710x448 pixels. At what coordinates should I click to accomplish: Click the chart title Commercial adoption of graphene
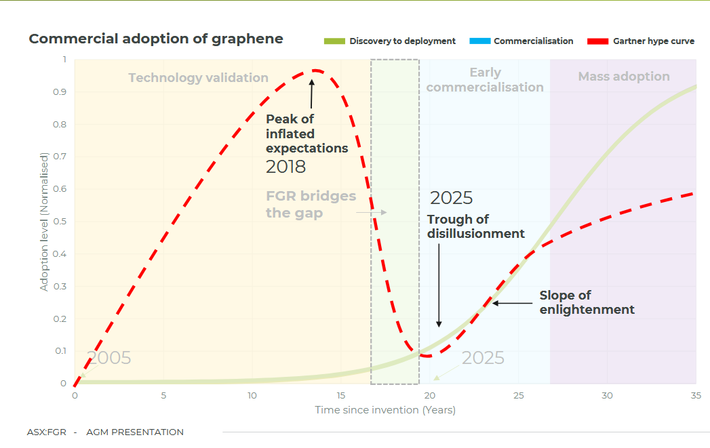(x=156, y=39)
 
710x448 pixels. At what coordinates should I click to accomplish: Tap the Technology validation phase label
(x=198, y=78)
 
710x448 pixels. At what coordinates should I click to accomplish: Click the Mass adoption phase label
(x=624, y=77)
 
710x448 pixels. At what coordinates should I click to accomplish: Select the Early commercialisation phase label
(x=485, y=80)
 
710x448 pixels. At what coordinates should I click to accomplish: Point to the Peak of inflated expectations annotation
(x=307, y=134)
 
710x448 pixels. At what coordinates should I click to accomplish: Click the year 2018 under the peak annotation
(x=285, y=167)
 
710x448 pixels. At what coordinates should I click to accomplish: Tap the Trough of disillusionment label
(x=475, y=226)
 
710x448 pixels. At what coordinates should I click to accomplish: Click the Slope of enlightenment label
(x=587, y=302)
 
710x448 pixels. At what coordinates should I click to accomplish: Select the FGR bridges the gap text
(x=311, y=204)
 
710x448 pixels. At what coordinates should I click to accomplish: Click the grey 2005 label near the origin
(x=109, y=359)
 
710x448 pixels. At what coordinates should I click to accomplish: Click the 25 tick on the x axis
(x=518, y=396)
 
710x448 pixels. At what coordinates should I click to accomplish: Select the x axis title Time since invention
(x=384, y=410)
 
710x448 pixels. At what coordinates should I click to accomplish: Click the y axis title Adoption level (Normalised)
(x=44, y=222)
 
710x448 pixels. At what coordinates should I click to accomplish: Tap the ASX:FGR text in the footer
(x=47, y=432)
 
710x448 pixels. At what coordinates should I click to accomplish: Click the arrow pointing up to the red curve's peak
(x=312, y=94)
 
